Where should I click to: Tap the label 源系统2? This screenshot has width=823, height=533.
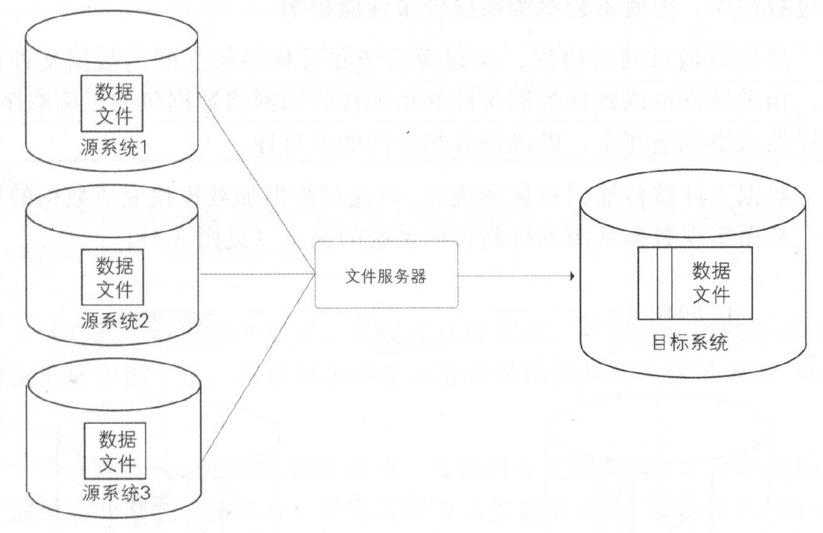(x=114, y=319)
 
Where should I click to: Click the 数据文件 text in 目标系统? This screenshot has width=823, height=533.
(x=711, y=283)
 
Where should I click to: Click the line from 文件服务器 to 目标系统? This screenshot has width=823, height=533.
(x=512, y=277)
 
